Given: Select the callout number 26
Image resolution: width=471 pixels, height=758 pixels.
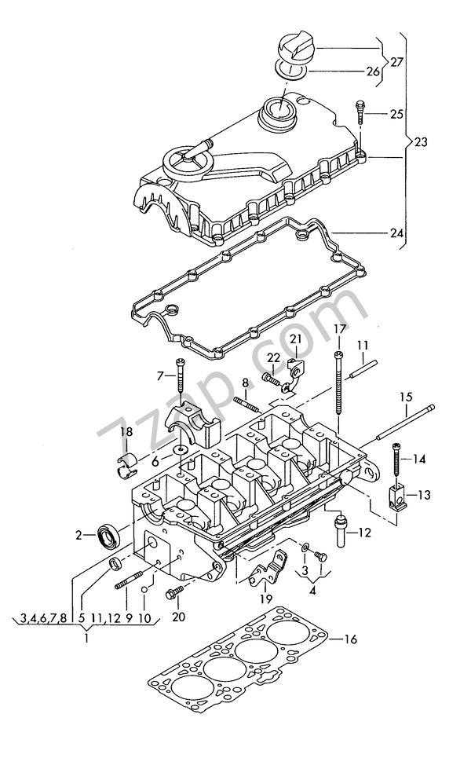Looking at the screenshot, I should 372,72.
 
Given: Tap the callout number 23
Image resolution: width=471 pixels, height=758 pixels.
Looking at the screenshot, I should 422,142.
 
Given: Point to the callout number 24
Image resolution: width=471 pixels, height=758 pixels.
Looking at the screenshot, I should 396,233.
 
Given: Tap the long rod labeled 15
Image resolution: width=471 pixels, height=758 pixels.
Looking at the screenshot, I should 406,431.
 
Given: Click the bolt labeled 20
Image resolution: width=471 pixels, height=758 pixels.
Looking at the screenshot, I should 174,594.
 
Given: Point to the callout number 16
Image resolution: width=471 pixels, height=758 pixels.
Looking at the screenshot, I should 350,639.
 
